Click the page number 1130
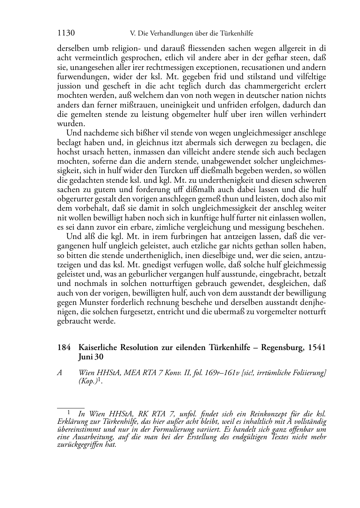point(66,33)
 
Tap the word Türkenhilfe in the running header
point(237,34)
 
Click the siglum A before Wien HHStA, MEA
point(60,373)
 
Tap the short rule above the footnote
point(71,408)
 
